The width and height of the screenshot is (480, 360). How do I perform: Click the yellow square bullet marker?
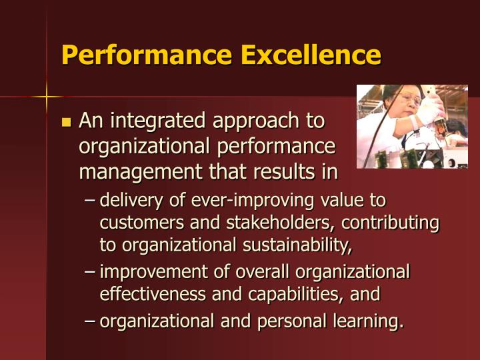tap(66, 122)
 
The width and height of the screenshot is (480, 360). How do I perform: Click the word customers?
tap(137, 223)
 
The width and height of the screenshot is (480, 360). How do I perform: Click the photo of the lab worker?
tap(411, 126)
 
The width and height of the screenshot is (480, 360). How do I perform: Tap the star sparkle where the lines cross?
tap(47, 98)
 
